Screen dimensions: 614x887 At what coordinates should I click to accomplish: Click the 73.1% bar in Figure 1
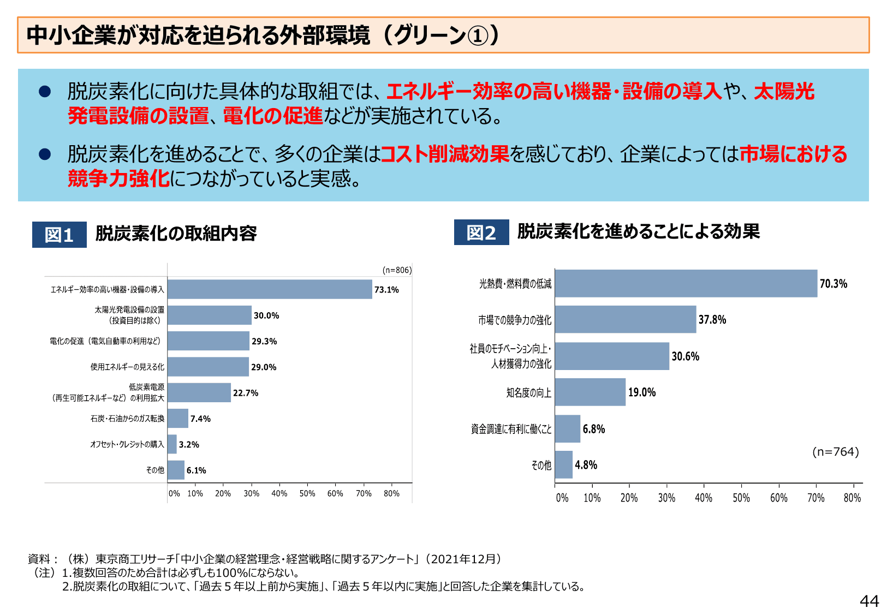(x=270, y=289)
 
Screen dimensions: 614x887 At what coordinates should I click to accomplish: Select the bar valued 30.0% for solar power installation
(x=210, y=315)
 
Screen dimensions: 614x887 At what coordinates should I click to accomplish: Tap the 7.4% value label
(x=200, y=419)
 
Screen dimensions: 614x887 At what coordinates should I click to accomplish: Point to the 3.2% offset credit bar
(x=172, y=444)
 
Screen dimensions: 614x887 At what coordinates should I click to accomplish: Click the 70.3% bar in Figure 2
(x=686, y=283)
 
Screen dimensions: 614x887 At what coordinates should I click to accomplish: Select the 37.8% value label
(x=712, y=320)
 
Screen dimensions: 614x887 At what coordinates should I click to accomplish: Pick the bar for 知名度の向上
(x=590, y=392)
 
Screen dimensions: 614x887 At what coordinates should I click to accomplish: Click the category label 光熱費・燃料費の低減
(x=515, y=284)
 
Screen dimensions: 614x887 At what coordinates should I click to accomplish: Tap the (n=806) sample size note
(x=397, y=270)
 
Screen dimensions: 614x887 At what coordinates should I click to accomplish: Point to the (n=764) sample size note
(x=835, y=452)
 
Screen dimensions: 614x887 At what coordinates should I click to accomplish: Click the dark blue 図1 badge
(x=59, y=235)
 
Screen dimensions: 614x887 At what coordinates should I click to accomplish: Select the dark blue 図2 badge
(x=481, y=233)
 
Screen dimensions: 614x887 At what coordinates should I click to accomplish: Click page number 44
(x=869, y=601)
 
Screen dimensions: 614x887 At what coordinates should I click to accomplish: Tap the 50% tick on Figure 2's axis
(x=741, y=498)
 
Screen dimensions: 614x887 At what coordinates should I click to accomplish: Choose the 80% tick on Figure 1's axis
(x=391, y=493)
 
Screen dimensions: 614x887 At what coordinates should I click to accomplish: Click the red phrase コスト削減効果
(x=444, y=154)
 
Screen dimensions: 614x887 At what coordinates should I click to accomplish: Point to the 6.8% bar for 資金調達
(x=568, y=428)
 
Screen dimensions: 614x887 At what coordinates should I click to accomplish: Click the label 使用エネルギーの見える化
(x=127, y=367)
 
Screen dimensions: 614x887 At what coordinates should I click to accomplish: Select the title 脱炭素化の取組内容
(x=176, y=234)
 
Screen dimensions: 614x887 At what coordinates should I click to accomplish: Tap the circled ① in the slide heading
(x=478, y=35)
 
